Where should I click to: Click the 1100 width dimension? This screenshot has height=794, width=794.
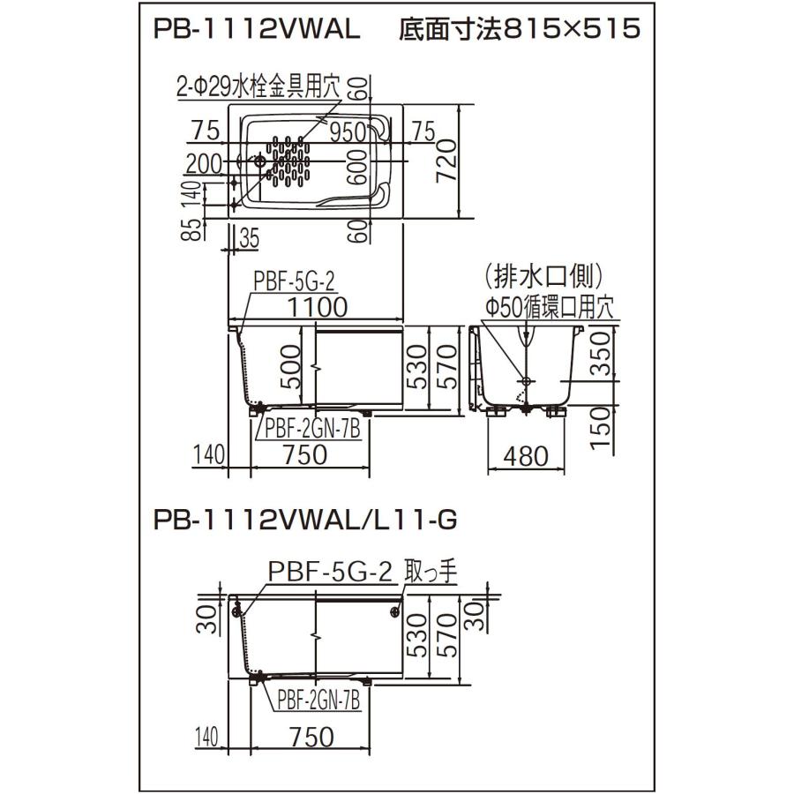click(318, 307)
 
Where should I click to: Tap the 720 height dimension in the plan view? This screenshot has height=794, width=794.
click(446, 161)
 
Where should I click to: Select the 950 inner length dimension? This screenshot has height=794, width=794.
click(348, 132)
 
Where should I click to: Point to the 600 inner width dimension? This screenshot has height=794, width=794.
click(358, 167)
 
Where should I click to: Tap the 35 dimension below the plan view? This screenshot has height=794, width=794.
click(249, 238)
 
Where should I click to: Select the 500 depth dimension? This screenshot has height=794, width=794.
click(290, 367)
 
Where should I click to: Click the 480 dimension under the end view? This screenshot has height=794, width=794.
click(526, 456)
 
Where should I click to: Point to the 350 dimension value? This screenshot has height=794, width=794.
click(601, 353)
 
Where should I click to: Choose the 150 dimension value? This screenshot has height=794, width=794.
click(601, 427)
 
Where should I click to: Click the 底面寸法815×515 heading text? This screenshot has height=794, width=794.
click(520, 28)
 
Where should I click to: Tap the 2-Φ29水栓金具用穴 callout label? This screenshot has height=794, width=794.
click(258, 88)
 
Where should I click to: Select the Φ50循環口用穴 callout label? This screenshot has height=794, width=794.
click(550, 307)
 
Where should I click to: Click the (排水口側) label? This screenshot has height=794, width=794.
click(543, 276)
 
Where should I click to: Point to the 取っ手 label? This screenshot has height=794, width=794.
click(431, 573)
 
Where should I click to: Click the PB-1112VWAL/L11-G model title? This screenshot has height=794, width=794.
click(305, 520)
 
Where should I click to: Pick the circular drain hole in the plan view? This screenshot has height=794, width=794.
click(259, 161)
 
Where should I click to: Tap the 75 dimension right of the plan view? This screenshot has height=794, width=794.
click(423, 131)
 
